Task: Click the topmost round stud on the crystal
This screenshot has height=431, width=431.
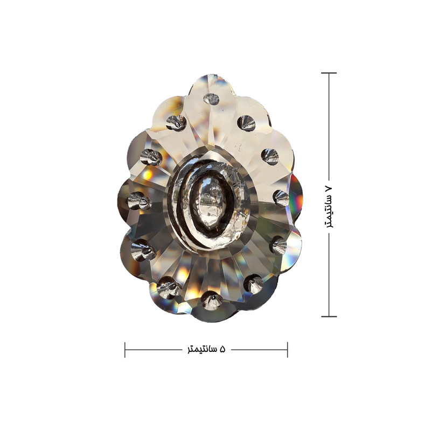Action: (x=211, y=99)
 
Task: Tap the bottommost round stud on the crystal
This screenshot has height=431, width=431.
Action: (x=212, y=300)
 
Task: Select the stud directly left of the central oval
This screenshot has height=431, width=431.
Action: (x=140, y=200)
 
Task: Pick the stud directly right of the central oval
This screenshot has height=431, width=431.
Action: (x=281, y=198)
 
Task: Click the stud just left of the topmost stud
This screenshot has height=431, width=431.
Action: (x=176, y=123)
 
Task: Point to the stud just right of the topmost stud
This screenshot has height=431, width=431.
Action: (x=247, y=123)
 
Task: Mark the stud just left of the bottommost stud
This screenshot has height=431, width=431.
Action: (x=169, y=288)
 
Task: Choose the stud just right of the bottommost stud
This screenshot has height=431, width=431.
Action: (x=253, y=284)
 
